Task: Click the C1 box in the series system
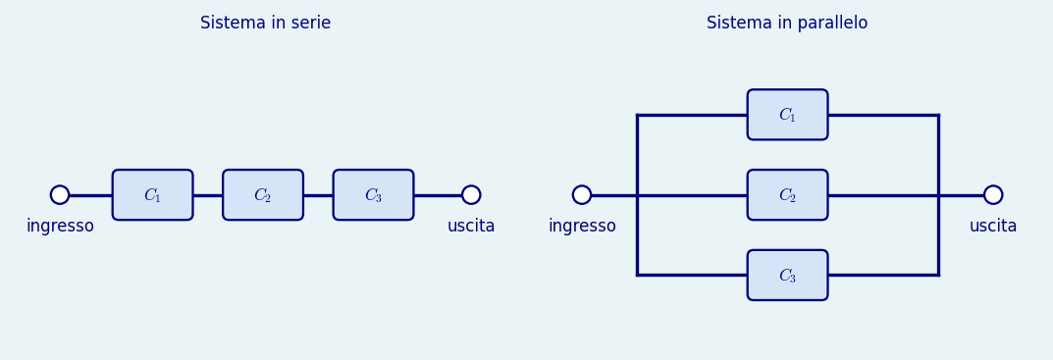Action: pos(152,195)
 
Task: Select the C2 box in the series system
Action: pos(263,195)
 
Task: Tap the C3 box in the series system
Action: pos(373,195)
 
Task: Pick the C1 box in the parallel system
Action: pos(788,115)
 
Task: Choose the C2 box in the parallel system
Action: pos(788,195)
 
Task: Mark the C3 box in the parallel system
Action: pos(788,276)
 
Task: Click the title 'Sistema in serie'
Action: pos(265,23)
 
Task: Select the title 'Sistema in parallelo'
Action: pos(787,23)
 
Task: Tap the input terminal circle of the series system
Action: pos(60,195)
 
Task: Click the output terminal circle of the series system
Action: pos(471,195)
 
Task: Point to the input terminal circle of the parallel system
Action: pos(582,195)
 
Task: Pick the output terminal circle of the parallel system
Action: pos(993,195)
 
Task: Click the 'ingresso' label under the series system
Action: pos(60,227)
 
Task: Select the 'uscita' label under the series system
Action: pos(471,227)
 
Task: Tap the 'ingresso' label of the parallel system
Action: pos(582,227)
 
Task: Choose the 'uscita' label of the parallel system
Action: pos(993,227)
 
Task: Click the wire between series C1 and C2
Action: pos(207,195)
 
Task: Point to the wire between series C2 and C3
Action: pos(318,195)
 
